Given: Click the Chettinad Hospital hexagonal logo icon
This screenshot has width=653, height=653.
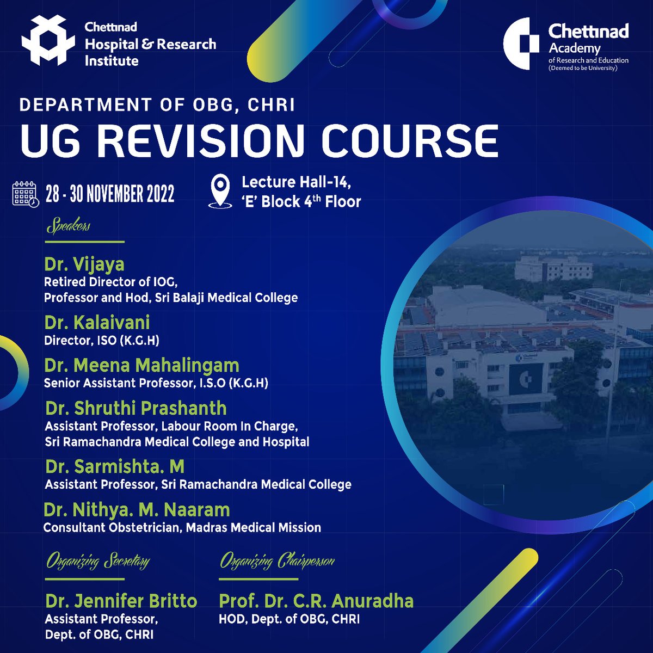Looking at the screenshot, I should pyautogui.click(x=47, y=41).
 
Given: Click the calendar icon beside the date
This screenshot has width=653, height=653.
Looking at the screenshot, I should pyautogui.click(x=26, y=194).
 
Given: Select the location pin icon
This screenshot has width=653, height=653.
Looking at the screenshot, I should pyautogui.click(x=220, y=191).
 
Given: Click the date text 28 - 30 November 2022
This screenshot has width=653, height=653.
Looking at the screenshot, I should pyautogui.click(x=110, y=194).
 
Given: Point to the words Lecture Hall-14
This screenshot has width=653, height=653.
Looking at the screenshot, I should pyautogui.click(x=296, y=182).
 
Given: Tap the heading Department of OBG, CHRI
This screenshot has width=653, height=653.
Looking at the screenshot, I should pyautogui.click(x=157, y=104).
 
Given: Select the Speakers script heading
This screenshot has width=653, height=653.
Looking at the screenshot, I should pyautogui.click(x=69, y=226).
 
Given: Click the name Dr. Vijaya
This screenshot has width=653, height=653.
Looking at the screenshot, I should pyautogui.click(x=84, y=264).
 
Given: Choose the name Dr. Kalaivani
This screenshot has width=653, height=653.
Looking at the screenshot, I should pyautogui.click(x=97, y=323).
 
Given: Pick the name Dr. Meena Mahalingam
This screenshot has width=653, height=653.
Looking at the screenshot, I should pyautogui.click(x=141, y=365).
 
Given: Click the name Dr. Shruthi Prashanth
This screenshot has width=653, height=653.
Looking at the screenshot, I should pyautogui.click(x=136, y=408).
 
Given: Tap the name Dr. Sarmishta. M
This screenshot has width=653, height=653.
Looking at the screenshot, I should pyautogui.click(x=115, y=466).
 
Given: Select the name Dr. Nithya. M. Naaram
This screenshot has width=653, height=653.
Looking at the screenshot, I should pyautogui.click(x=137, y=510).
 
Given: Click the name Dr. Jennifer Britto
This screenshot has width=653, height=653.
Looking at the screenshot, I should pyautogui.click(x=121, y=601).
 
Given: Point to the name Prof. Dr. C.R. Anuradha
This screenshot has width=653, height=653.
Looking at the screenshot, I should pyautogui.click(x=316, y=601).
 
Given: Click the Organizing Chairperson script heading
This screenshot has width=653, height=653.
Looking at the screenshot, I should pyautogui.click(x=277, y=560).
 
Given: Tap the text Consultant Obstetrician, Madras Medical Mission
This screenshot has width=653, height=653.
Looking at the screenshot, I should pyautogui.click(x=182, y=528).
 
